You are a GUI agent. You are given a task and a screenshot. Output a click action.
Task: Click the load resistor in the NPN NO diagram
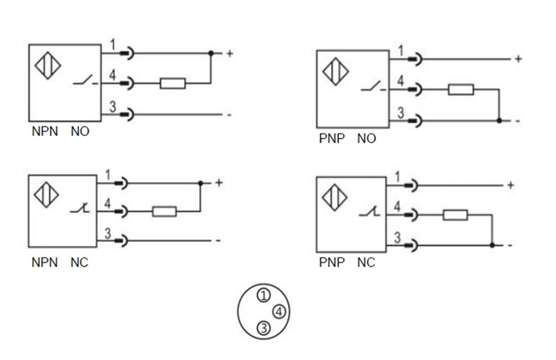coord(173,83)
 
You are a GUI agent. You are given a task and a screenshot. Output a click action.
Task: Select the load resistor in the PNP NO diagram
coord(461,89)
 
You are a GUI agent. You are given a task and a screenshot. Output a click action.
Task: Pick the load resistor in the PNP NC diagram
coord(454,215)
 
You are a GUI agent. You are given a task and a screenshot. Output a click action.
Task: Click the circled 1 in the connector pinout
coord(264,295)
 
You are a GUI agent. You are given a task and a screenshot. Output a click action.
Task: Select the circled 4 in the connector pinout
coord(280,312)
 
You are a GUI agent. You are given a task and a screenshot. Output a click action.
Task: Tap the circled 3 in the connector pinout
coord(264,329)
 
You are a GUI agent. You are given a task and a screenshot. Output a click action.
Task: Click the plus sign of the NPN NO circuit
coord(230,54)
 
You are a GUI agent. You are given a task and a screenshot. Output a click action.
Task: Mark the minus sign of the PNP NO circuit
coord(516,121)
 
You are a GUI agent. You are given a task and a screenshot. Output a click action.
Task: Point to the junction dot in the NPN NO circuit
coord(211,54)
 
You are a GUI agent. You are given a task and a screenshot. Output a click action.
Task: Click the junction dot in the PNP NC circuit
coord(492,245)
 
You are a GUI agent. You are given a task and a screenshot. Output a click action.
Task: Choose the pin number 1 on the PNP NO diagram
coord(401,52)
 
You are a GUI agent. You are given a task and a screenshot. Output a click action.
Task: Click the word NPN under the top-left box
coord(45,133)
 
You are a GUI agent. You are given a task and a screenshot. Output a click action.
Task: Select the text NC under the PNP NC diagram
coord(365,262)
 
